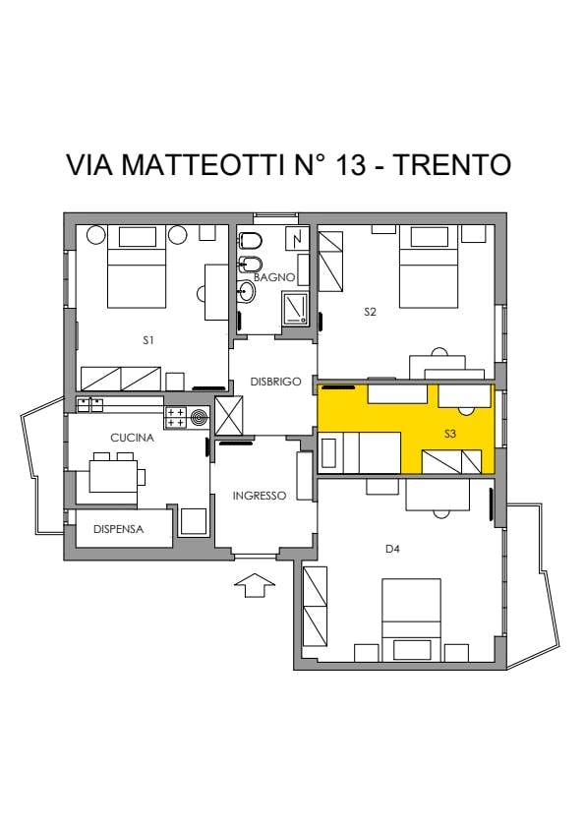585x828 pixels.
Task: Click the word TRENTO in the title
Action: [453, 164]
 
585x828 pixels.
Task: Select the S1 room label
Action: [148, 340]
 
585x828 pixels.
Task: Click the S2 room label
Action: [370, 312]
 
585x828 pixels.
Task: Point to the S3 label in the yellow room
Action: [450, 434]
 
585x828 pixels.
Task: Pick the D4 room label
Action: [392, 549]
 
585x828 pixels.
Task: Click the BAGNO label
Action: [274, 277]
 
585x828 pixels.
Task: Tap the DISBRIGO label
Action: [275, 382]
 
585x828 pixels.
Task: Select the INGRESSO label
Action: [260, 496]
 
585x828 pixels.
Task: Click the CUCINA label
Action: [132, 438]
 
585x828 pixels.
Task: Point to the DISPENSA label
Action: [118, 529]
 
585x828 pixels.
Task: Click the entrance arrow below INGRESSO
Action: [255, 585]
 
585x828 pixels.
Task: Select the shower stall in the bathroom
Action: [295, 308]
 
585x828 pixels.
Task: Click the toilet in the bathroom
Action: [251, 241]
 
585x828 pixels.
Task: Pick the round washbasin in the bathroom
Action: [246, 290]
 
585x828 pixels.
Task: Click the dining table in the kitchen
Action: [113, 476]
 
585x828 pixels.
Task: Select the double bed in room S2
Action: [429, 266]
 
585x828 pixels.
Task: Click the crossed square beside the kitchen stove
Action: [229, 416]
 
